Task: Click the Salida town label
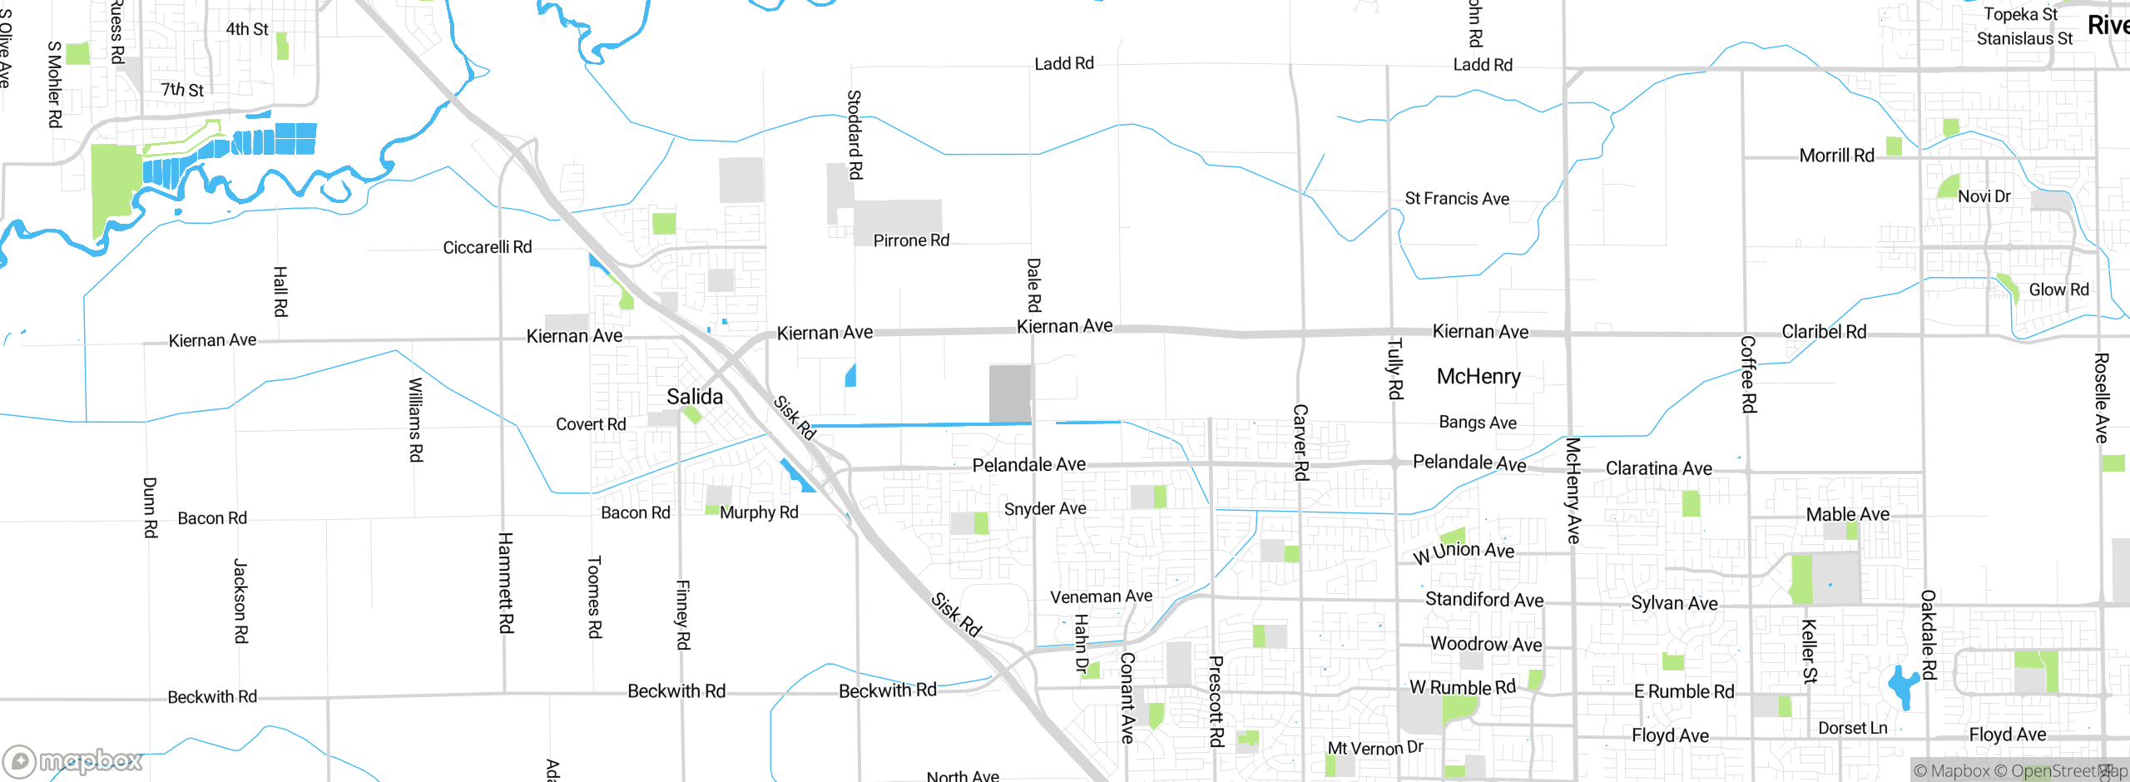(x=695, y=397)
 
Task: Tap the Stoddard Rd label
(x=854, y=135)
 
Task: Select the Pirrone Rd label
(x=911, y=240)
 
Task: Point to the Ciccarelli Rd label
(x=487, y=247)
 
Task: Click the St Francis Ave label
(x=1457, y=199)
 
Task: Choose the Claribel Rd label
(x=1824, y=332)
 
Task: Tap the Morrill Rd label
(x=1836, y=156)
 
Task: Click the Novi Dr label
(x=1984, y=196)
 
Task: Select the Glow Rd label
(x=2058, y=290)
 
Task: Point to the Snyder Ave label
(x=1045, y=508)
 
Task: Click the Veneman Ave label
(x=1101, y=596)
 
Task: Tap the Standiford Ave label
(x=1484, y=600)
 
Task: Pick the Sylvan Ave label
(x=1674, y=603)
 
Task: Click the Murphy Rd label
(x=759, y=512)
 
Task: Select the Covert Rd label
(x=591, y=424)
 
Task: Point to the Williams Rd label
(x=415, y=420)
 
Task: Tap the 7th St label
(x=182, y=89)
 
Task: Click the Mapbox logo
(x=73, y=760)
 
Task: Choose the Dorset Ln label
(x=1852, y=728)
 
